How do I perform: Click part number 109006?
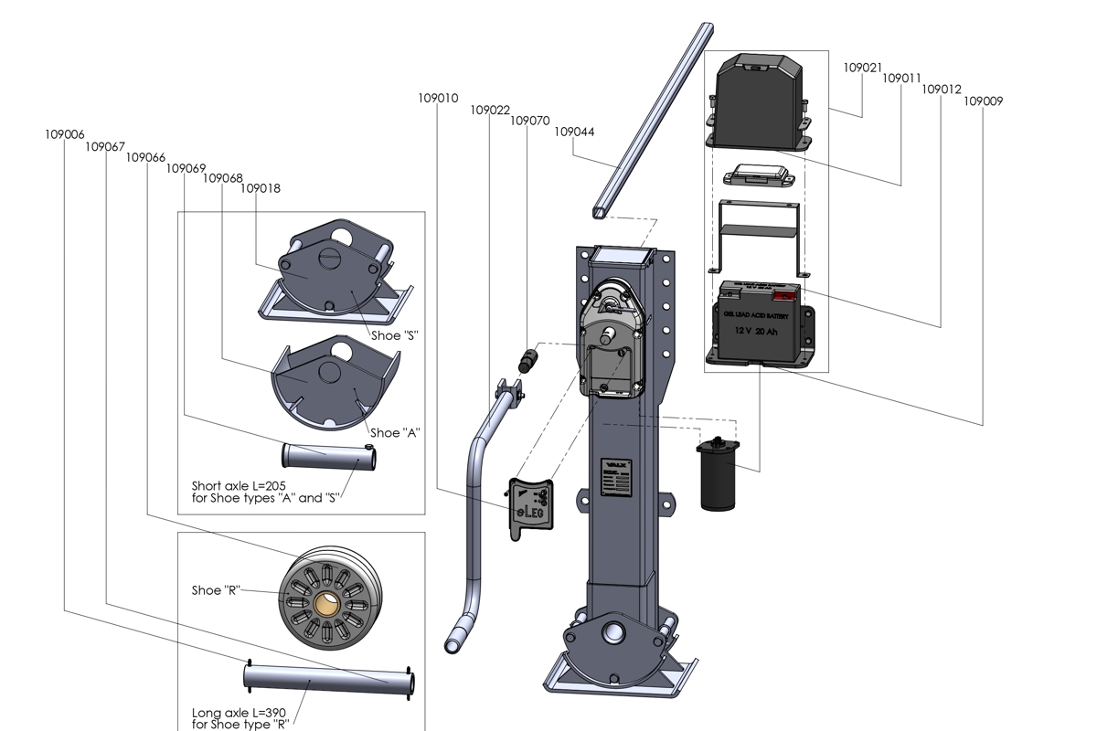coord(64,134)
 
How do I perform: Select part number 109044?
coord(574,132)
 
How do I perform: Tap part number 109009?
coord(983,101)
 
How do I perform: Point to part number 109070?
coord(529,121)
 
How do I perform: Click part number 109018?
coord(261,189)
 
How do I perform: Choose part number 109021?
coord(862,68)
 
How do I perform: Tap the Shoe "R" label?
coord(216,590)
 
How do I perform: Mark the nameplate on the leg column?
coord(615,478)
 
